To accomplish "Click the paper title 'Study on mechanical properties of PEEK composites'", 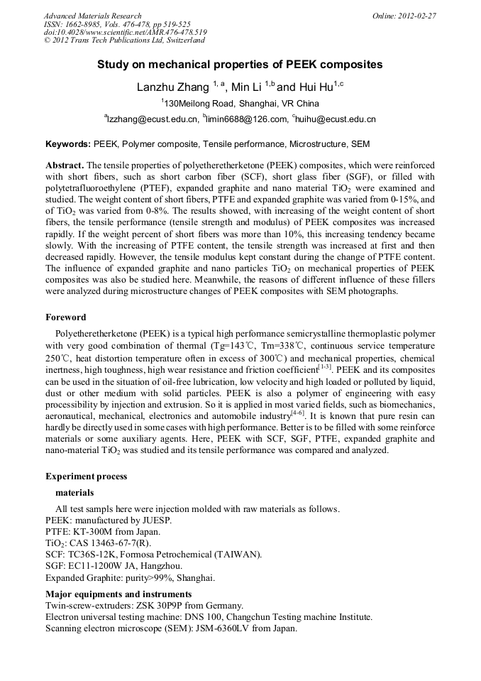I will point(240,65).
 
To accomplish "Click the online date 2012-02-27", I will point(419,16).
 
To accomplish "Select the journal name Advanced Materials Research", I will point(92,16).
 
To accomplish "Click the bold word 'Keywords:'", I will point(68,144).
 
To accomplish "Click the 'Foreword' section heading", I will point(65,317).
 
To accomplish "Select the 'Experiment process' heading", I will point(86,476).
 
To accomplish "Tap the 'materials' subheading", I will point(74,492).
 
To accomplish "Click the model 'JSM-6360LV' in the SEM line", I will point(205,628).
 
